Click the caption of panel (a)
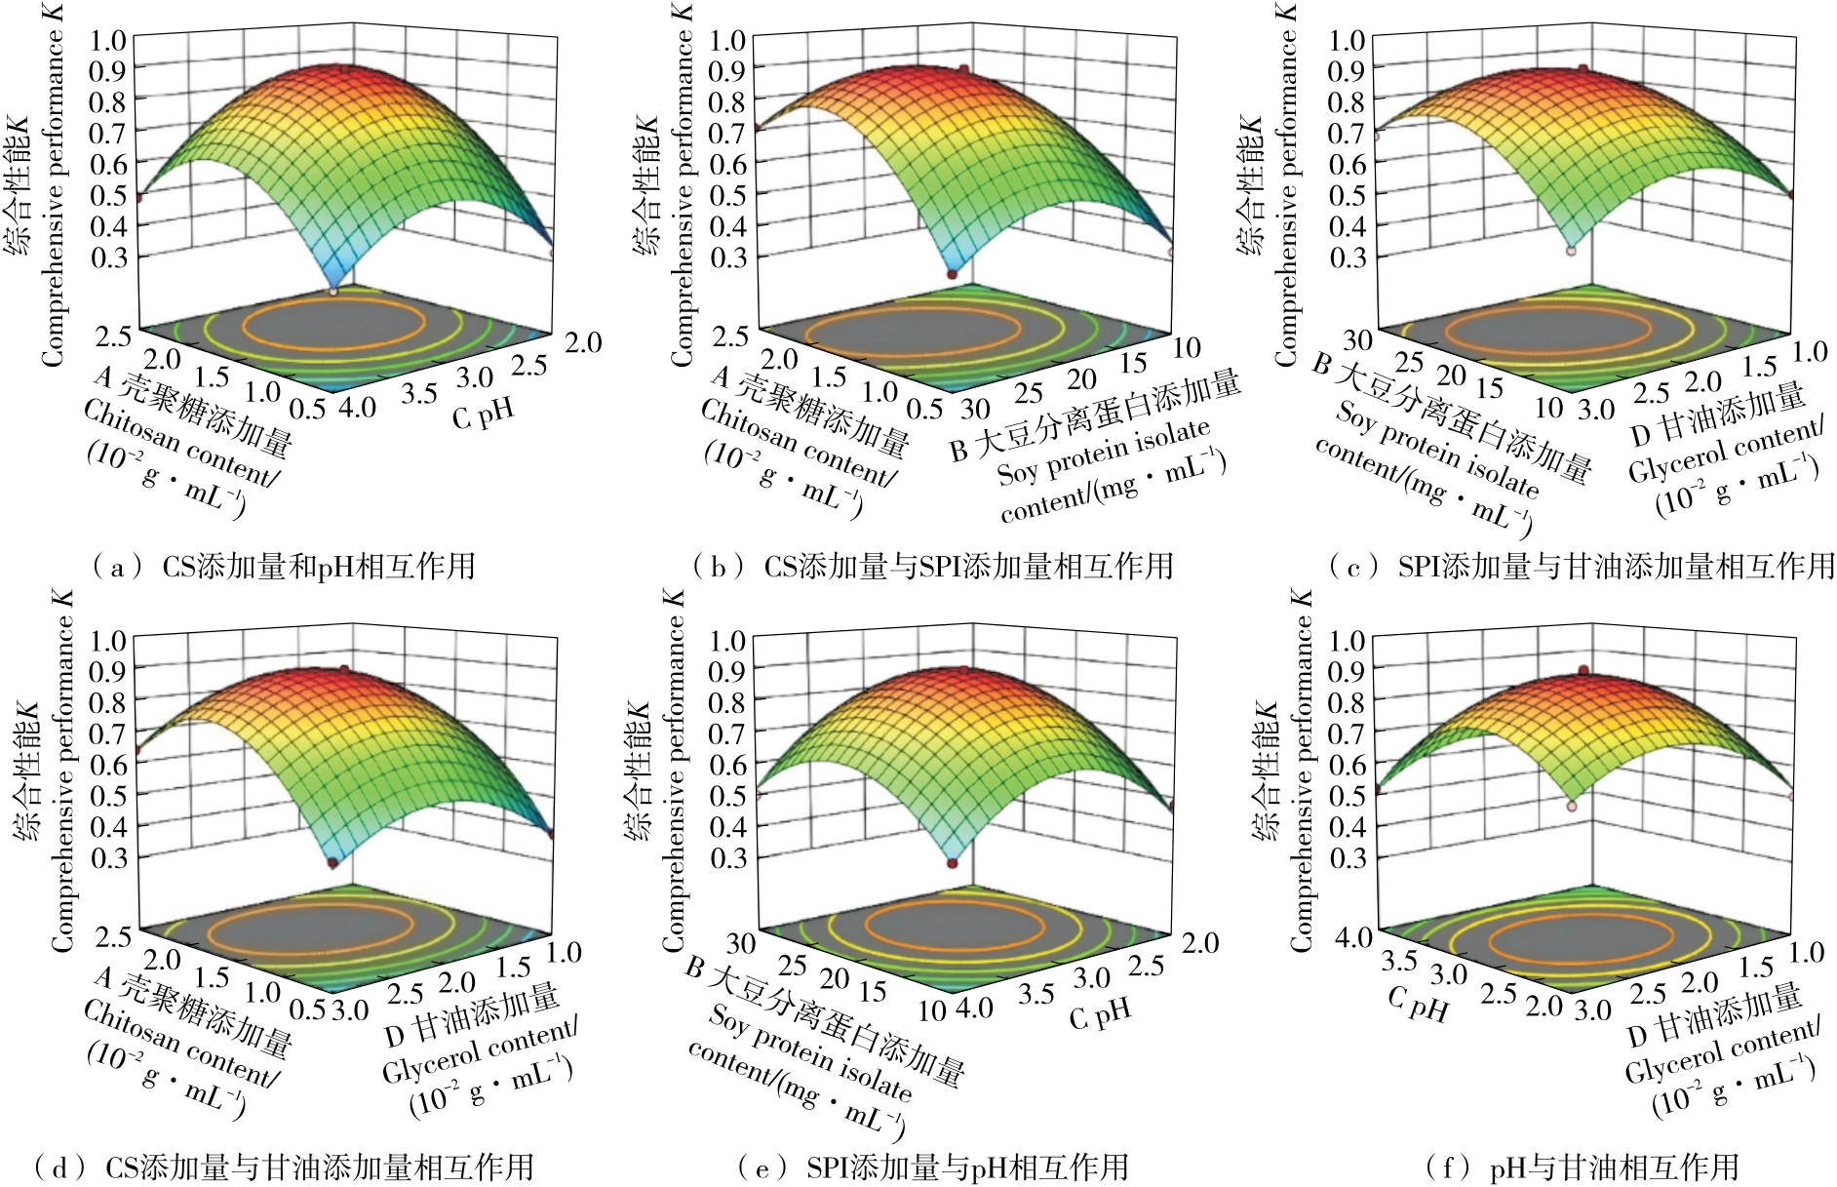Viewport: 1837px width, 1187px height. (x=283, y=567)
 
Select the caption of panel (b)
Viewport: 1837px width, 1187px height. (x=932, y=567)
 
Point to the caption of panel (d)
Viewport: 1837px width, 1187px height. (x=283, y=1167)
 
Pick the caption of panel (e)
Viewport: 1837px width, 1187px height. (x=932, y=1167)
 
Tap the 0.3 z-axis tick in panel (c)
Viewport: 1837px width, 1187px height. (x=1347, y=257)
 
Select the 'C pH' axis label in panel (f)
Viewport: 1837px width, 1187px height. (x=1417, y=1005)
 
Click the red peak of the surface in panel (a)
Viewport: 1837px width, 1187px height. (x=340, y=70)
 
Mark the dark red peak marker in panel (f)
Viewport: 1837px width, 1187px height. (x=1583, y=671)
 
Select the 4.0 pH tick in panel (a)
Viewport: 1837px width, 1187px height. (x=356, y=406)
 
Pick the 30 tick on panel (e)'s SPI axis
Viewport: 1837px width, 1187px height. (x=740, y=942)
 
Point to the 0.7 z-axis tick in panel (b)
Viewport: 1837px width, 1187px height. (x=726, y=133)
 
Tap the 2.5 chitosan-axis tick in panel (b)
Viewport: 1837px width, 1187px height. (x=730, y=336)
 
